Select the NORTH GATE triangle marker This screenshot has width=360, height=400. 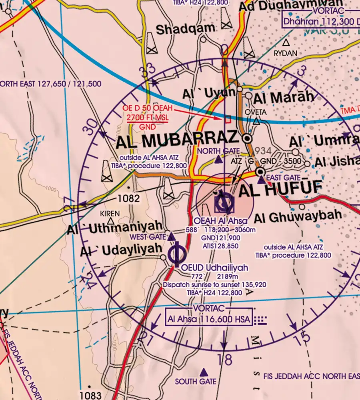(218, 160)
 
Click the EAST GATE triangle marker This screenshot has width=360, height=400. (261, 180)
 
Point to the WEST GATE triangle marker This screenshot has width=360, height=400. (171, 237)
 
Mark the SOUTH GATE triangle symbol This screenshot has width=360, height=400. (204, 372)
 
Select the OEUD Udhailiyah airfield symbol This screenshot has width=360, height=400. (176, 254)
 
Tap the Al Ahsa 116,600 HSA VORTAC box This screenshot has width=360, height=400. (209, 320)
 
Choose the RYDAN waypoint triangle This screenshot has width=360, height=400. (286, 42)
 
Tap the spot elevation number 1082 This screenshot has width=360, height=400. (128, 198)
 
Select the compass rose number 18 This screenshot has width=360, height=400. (226, 359)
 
